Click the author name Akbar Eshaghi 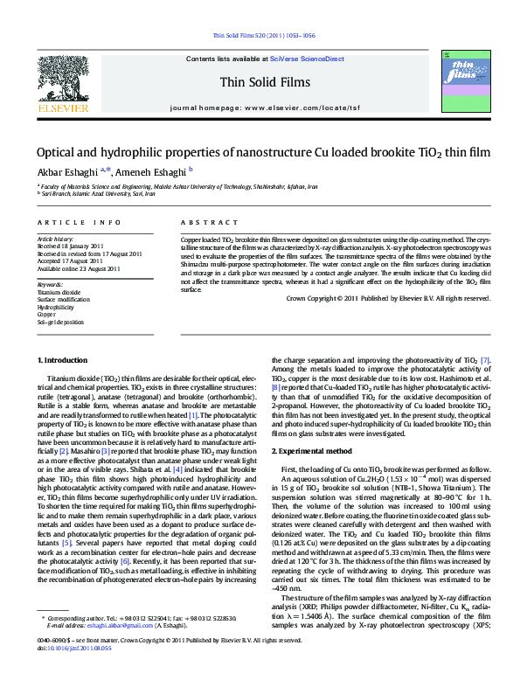(66, 171)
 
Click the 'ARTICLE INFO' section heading (79, 224)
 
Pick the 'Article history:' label (55, 239)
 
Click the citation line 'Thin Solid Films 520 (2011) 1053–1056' (264, 36)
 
